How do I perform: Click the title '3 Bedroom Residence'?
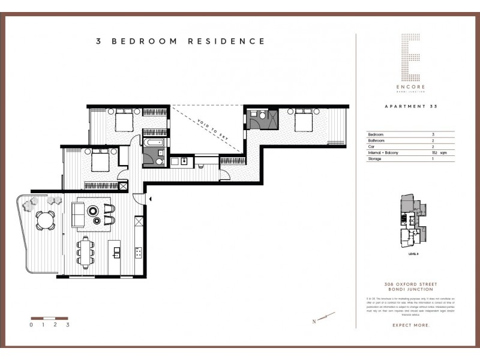coord(180,41)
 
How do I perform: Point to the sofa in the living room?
coord(79,215)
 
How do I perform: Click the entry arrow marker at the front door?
coord(150,198)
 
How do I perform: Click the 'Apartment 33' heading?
coord(411,106)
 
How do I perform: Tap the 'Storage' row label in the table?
coord(376,159)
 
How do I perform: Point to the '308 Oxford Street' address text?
coord(412,284)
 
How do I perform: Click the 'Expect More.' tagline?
coord(412,325)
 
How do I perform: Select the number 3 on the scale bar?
coord(68,325)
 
